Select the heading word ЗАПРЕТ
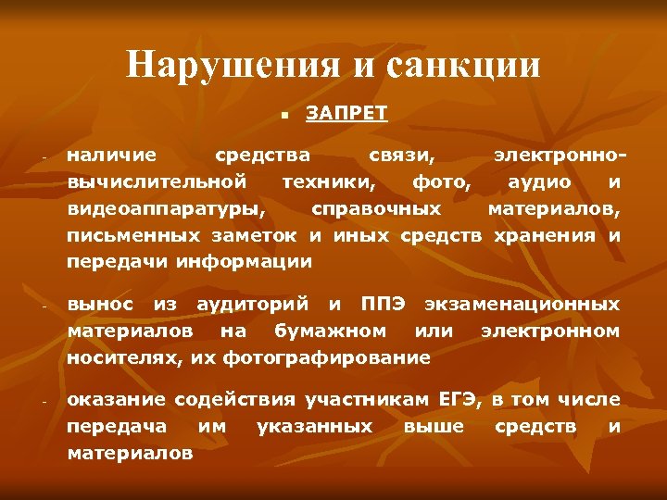coord(346,114)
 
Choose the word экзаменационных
coord(522,304)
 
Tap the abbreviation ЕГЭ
coord(459,400)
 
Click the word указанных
coord(314,427)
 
